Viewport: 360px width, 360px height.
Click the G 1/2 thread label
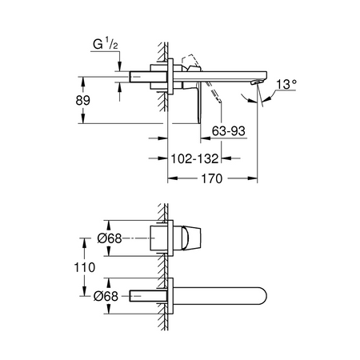coord(106,44)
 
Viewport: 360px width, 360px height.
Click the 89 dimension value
coord(83,101)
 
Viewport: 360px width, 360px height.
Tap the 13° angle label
coord(286,85)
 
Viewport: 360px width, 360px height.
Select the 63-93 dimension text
coord(229,131)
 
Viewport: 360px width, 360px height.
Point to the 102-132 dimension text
coord(194,159)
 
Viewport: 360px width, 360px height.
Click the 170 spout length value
coord(211,178)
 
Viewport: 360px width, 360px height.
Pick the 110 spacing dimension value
coord(84,267)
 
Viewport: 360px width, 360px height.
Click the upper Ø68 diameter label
coord(110,238)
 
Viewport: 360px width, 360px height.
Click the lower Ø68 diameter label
coord(106,296)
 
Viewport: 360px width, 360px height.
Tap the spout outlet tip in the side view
coord(254,82)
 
